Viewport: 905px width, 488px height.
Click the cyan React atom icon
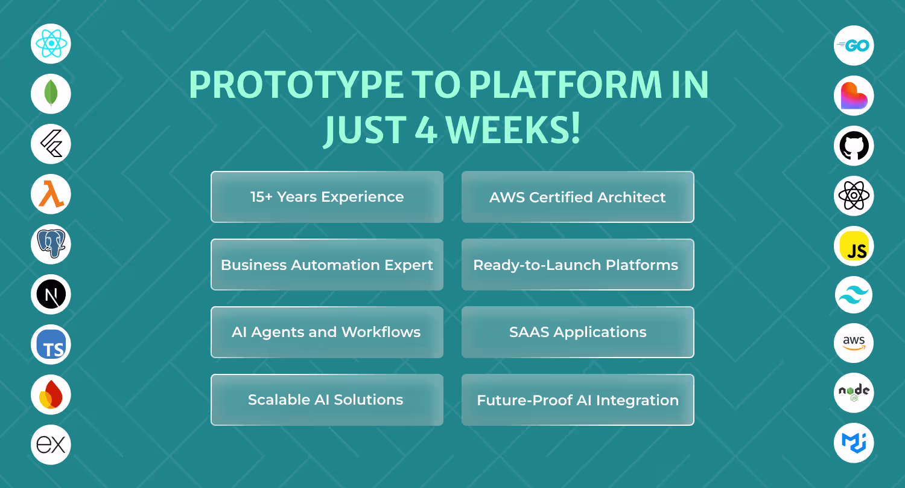coord(51,43)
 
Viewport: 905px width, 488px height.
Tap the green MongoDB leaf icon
coord(51,94)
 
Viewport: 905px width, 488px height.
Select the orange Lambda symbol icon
coord(51,194)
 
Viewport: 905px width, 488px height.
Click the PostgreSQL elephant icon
coord(51,244)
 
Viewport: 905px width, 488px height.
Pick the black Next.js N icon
coord(51,294)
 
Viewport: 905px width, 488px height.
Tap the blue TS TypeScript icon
coord(51,344)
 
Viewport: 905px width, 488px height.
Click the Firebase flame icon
coord(51,394)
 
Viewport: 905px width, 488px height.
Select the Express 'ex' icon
coord(51,445)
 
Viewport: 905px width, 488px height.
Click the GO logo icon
coord(854,45)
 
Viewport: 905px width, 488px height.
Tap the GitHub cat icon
coord(854,146)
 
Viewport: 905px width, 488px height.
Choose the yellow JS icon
coord(854,246)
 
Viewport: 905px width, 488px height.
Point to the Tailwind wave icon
coord(854,295)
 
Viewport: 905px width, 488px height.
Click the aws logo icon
coord(854,343)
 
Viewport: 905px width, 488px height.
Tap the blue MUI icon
coord(854,443)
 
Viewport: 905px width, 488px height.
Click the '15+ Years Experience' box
coord(327,197)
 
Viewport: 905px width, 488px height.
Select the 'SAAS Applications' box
coord(578,332)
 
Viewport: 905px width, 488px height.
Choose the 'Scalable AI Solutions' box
coord(327,400)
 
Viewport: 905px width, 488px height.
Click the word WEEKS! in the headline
coord(513,129)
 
